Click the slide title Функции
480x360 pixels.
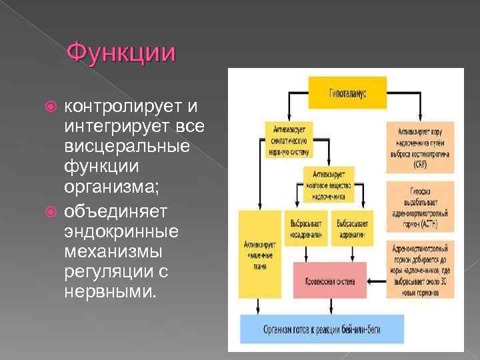pyautogui.click(x=122, y=51)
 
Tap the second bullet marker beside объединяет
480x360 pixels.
pyautogui.click(x=56, y=211)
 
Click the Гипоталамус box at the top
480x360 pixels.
pyautogui.click(x=347, y=92)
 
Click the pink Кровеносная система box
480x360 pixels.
pyautogui.click(x=330, y=280)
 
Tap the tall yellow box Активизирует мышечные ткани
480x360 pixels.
pyautogui.click(x=257, y=253)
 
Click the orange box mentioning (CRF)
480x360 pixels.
pyautogui.click(x=420, y=147)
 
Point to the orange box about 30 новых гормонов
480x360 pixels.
pyautogui.click(x=420, y=269)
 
